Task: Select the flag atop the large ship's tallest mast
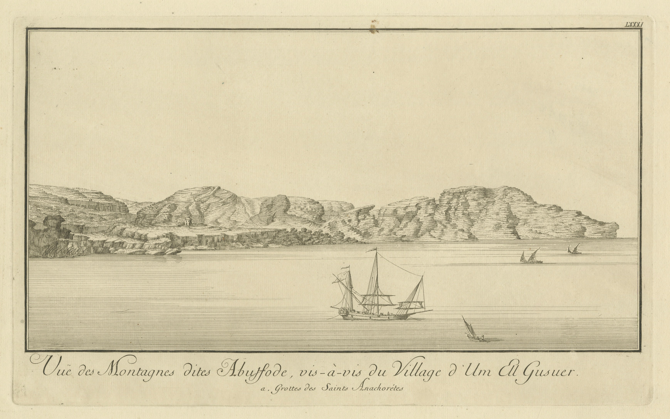372,251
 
